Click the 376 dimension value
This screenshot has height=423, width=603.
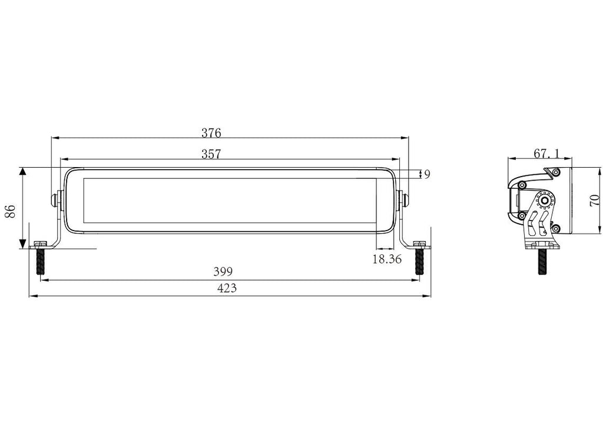pos(211,132)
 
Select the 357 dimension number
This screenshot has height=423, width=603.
pos(211,154)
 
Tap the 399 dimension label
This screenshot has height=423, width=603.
pos(223,272)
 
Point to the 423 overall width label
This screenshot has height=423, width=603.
pos(227,288)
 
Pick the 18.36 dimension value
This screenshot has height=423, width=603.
pos(387,259)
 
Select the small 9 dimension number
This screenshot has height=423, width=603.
pos(427,174)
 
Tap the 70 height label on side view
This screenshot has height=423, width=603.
pos(595,201)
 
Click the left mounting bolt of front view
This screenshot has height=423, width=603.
pos(39,258)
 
